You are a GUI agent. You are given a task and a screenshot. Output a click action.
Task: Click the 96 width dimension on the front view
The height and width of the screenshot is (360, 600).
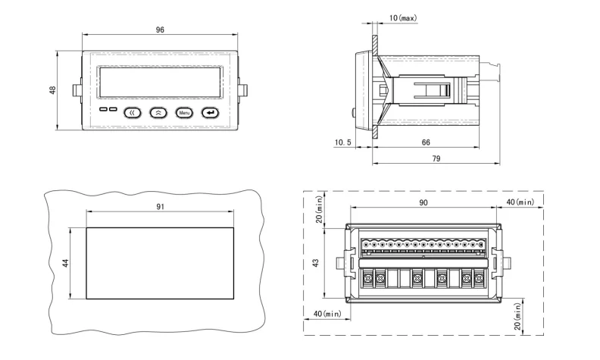[159, 30]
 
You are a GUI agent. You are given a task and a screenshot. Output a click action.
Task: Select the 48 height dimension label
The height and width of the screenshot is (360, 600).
[52, 89]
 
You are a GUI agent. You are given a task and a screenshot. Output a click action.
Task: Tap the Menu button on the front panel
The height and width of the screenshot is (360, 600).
[184, 112]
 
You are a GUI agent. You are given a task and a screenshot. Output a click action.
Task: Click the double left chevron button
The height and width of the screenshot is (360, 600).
[133, 112]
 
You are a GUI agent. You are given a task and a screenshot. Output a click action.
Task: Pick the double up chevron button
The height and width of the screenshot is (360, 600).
[158, 112]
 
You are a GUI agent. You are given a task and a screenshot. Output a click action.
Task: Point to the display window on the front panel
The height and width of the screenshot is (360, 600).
[159, 81]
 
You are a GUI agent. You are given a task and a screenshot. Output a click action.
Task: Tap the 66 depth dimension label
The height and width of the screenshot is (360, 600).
[426, 142]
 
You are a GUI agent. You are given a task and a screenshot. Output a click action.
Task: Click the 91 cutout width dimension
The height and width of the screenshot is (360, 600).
[159, 205]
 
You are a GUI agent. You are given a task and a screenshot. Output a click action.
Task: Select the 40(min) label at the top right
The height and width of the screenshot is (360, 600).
[520, 202]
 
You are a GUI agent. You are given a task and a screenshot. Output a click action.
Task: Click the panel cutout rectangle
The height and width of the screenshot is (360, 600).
[159, 261]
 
